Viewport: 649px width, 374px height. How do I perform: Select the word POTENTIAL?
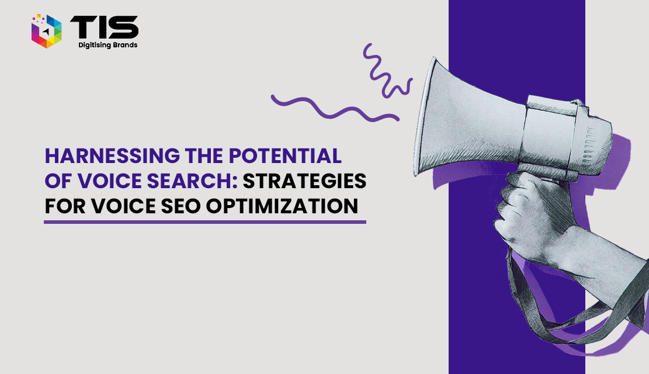point(285,156)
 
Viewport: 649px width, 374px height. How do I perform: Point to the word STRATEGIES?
point(304,181)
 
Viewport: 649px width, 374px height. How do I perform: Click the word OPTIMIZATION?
point(282,206)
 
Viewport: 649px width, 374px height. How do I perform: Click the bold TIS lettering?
point(105,27)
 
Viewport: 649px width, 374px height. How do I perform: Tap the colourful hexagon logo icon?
point(46,31)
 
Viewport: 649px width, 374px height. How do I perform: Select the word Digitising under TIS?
point(93,45)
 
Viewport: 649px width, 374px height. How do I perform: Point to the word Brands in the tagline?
point(124,45)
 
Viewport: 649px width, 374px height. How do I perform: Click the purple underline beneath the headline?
point(205,222)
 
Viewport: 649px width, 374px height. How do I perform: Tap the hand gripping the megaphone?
point(534,216)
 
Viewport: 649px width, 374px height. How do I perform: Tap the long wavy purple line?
point(335,109)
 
